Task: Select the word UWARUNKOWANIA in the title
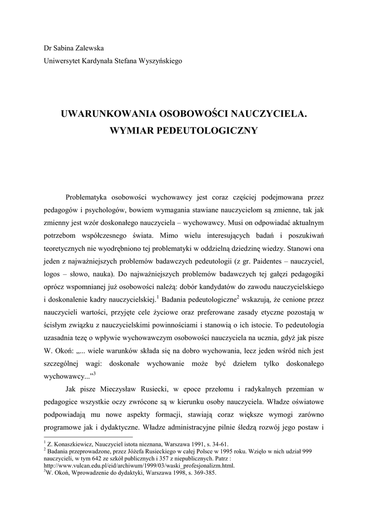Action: pyautogui.click(x=99, y=114)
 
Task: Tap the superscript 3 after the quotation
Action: pyautogui.click(x=94, y=374)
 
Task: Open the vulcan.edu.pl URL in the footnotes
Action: pyautogui.click(x=140, y=465)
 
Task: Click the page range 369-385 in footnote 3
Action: pyautogui.click(x=203, y=473)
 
